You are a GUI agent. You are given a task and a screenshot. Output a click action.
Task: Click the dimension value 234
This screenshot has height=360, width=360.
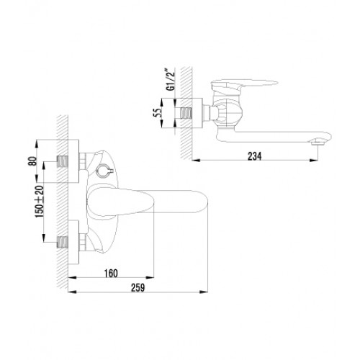coord(255,156)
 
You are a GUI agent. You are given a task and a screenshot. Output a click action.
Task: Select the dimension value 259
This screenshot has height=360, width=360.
coord(138,287)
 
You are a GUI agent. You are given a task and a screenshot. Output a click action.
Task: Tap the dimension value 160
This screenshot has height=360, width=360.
coord(111,274)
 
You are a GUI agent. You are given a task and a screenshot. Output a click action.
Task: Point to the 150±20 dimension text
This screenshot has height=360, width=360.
coord(40,202)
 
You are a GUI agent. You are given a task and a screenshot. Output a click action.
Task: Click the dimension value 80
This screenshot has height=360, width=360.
coord(32,161)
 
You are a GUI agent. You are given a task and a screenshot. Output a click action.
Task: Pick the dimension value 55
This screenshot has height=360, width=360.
coord(157,113)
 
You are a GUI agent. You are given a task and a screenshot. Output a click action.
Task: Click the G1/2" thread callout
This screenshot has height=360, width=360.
coord(171,80)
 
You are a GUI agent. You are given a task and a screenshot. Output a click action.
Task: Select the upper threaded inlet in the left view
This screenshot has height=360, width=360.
coord(63,161)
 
